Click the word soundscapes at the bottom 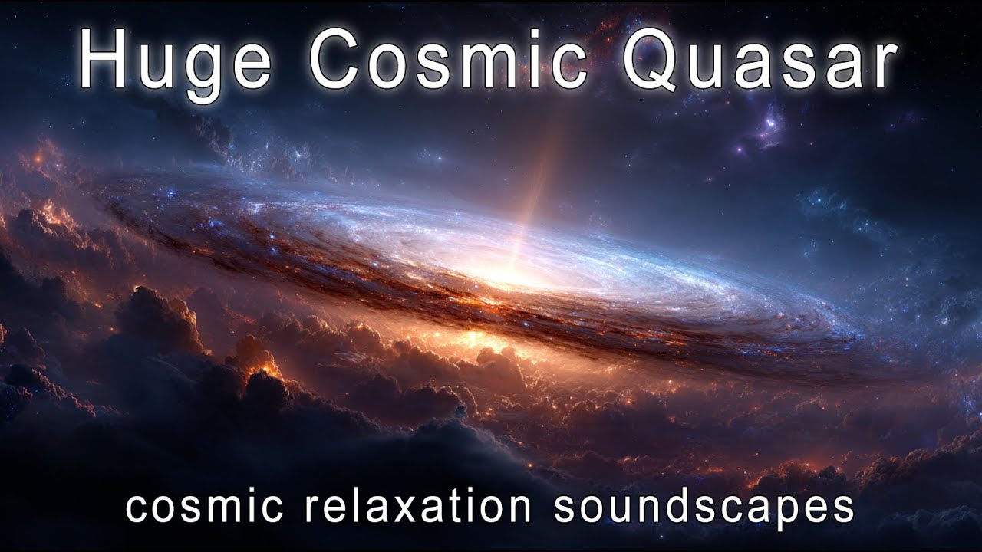[x=704, y=508]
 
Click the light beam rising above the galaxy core [x=540, y=184]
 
